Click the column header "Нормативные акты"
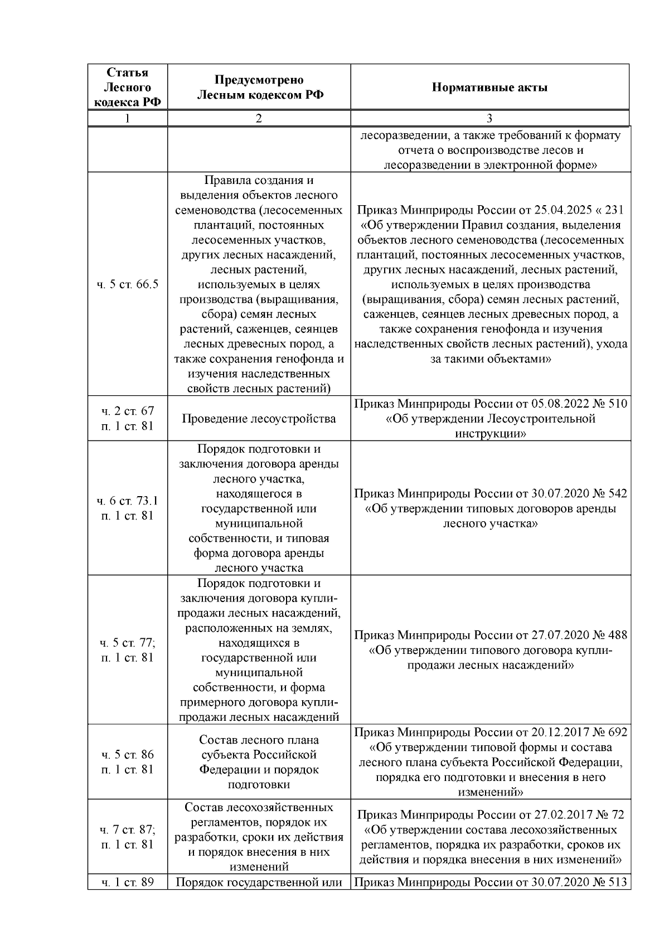[x=489, y=88]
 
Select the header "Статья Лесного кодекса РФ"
[x=128, y=88]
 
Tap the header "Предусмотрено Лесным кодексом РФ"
[x=259, y=88]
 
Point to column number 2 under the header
[x=259, y=118]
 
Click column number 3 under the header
[x=489, y=118]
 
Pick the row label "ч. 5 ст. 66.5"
[x=128, y=284]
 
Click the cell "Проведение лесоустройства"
[x=259, y=419]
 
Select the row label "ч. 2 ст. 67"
[x=128, y=411]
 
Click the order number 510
[x=616, y=404]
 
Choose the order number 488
[x=616, y=635]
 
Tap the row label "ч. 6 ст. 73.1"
[x=128, y=501]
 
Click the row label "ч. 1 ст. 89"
[x=128, y=882]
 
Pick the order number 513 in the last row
[x=616, y=882]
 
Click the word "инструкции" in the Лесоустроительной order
[x=490, y=433]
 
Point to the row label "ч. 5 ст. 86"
[x=128, y=755]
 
